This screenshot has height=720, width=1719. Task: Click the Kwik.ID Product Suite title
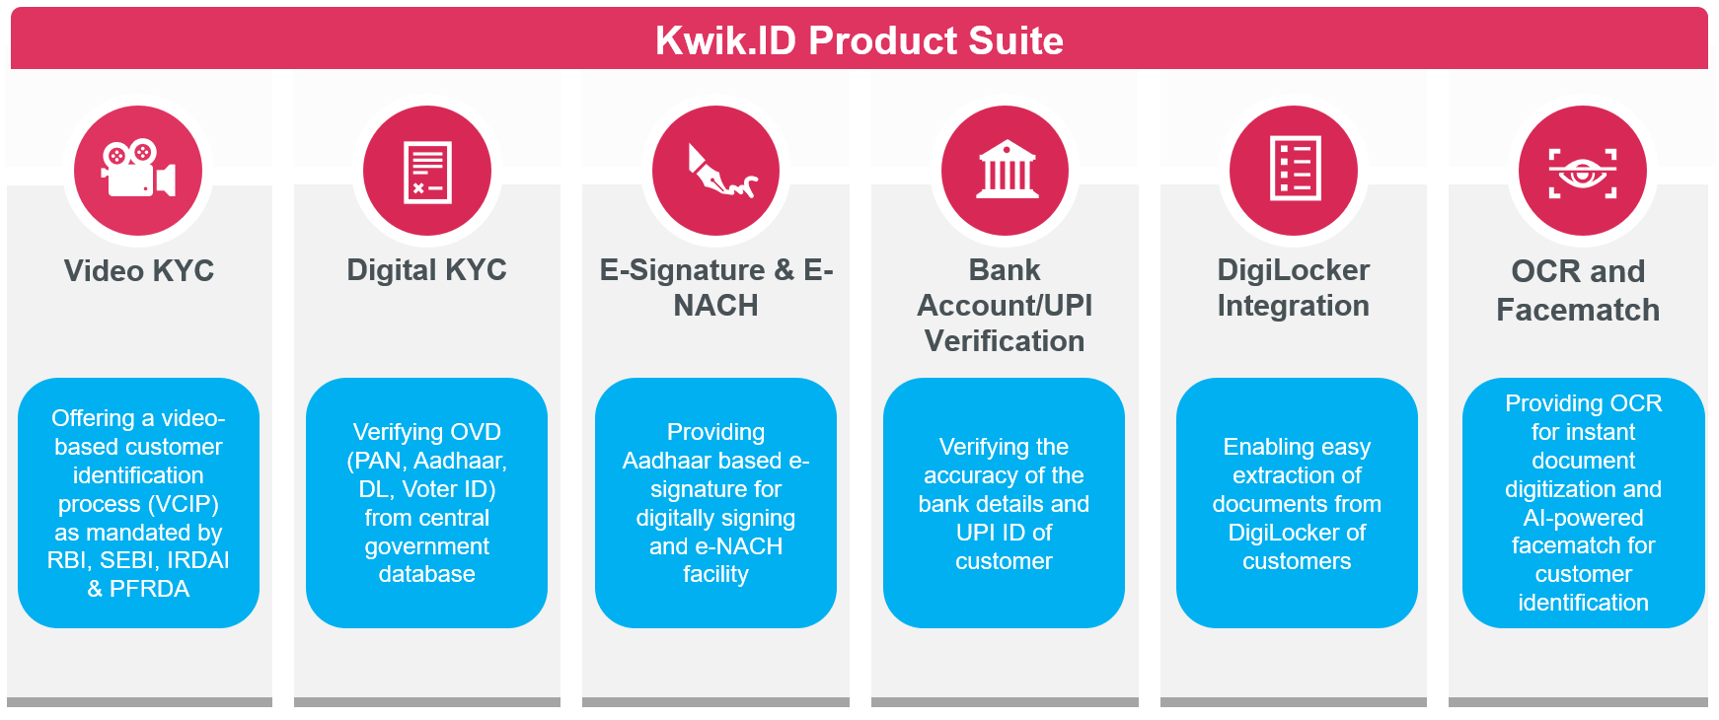tap(859, 40)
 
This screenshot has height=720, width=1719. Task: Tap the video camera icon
tap(138, 171)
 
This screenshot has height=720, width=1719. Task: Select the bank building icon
tap(1005, 171)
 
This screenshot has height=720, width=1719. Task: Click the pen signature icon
tap(716, 171)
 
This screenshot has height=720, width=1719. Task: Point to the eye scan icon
tap(1582, 171)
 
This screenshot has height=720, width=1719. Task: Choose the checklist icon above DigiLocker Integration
tap(1294, 171)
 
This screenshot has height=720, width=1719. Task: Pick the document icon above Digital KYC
tap(427, 171)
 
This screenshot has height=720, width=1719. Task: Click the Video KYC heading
tap(138, 271)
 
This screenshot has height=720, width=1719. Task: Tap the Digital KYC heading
tap(426, 270)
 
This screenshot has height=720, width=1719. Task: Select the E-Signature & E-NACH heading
tap(716, 287)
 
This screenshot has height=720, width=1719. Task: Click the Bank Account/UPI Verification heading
tap(1005, 305)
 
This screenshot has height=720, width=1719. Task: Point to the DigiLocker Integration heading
tap(1293, 287)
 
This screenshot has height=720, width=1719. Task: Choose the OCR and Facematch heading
tap(1578, 290)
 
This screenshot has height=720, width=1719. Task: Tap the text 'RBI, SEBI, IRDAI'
tap(138, 560)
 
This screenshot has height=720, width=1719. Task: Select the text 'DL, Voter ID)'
tap(427, 489)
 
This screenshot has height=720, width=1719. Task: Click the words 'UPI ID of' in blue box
tap(1004, 533)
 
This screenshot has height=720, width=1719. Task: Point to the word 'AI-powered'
tap(1583, 518)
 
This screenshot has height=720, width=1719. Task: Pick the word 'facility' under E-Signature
tap(715, 574)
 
